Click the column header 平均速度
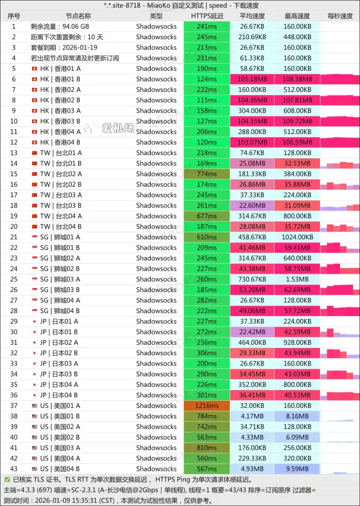pos(252,16)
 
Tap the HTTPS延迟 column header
pos(207,16)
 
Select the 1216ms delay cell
pos(207,406)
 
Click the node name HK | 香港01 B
pos(60,79)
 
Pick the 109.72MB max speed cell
pos(298,121)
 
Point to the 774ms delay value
pos(207,174)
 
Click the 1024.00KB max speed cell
pos(298,237)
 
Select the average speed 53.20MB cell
pos(252,290)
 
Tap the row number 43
pos(14,469)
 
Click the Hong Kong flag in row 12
pos(34,142)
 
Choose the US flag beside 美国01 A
pos(34,406)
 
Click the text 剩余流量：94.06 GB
pos(60,26)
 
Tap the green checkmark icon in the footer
pos(7,479)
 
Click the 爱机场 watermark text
pos(118,128)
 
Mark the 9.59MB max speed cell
pos(298,469)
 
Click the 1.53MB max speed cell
pos(298,279)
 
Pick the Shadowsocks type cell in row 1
pos(156,26)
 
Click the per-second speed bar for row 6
pos(340,79)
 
